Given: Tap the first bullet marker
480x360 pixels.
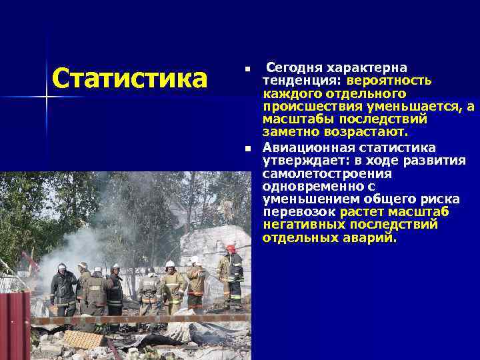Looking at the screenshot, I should [247, 69].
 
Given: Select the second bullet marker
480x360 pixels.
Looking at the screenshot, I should [247, 149].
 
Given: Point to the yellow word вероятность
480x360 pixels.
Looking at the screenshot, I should [388, 80].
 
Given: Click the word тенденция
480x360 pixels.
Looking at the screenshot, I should [301, 80].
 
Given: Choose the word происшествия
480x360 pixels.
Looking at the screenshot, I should [313, 106].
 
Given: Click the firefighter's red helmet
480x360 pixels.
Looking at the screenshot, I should [231, 248].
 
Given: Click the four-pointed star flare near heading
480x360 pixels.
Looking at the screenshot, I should [47, 98].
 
